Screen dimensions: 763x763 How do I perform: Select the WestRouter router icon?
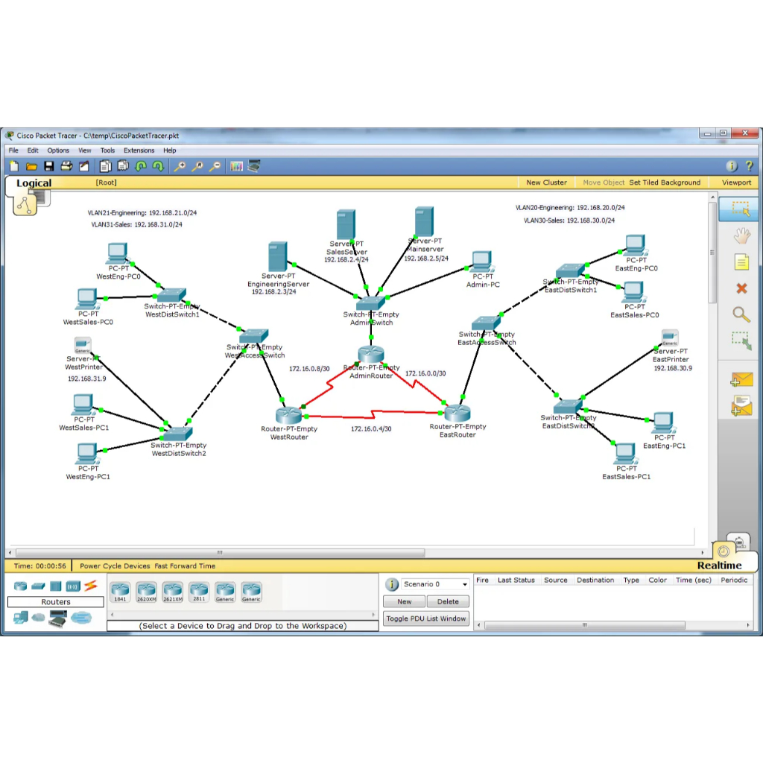coord(287,415)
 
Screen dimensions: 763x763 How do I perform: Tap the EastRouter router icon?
coord(457,412)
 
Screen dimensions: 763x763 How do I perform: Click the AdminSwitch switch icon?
coord(370,302)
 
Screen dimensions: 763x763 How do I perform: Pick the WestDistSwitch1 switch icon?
coord(172,294)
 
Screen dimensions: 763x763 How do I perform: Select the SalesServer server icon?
coord(346,224)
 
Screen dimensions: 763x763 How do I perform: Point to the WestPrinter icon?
coord(83,345)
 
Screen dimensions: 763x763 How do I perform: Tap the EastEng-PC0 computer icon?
coord(635,244)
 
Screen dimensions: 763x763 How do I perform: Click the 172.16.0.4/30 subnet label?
coord(371,429)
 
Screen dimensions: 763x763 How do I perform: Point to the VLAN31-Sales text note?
coord(136,224)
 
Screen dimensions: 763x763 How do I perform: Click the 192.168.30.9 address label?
coord(672,368)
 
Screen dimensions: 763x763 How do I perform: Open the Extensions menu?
coord(139,151)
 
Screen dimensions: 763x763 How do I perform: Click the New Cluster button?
coord(546,183)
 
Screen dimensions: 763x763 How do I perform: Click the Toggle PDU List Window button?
coord(426,618)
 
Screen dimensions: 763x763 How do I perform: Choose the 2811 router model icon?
coord(199,592)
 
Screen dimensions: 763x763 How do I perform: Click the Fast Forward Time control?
coord(185,566)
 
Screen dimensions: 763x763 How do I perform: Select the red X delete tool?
coord(741,288)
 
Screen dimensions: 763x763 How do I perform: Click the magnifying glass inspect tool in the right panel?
coord(741,314)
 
